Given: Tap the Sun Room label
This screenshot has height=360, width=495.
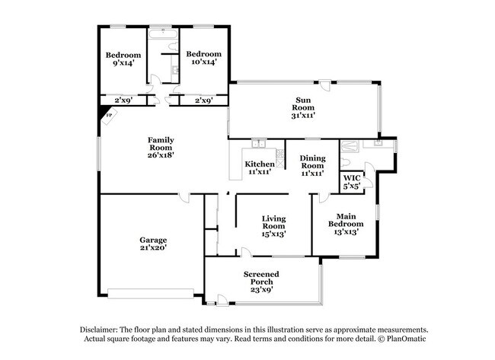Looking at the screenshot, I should (x=305, y=107).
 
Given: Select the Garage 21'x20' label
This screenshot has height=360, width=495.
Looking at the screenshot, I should (x=152, y=243).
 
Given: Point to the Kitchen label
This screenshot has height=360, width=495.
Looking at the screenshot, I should (x=259, y=168).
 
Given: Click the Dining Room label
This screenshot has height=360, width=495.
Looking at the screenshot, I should (x=312, y=164).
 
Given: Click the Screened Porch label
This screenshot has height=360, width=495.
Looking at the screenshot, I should (x=261, y=282).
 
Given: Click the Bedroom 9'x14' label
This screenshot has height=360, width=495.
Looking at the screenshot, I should (x=123, y=59).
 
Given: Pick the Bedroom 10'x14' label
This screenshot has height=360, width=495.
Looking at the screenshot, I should (x=204, y=58).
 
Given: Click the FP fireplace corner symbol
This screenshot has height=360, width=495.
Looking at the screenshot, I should (x=107, y=115).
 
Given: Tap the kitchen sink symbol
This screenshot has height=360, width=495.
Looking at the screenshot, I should (x=258, y=144).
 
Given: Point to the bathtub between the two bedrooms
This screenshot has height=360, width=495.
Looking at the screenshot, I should (x=163, y=35).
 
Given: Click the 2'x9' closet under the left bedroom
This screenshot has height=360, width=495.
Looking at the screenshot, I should (x=123, y=100).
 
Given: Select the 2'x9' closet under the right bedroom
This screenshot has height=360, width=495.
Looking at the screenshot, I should (x=203, y=100).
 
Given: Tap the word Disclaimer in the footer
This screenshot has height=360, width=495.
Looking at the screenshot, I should (x=102, y=329).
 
